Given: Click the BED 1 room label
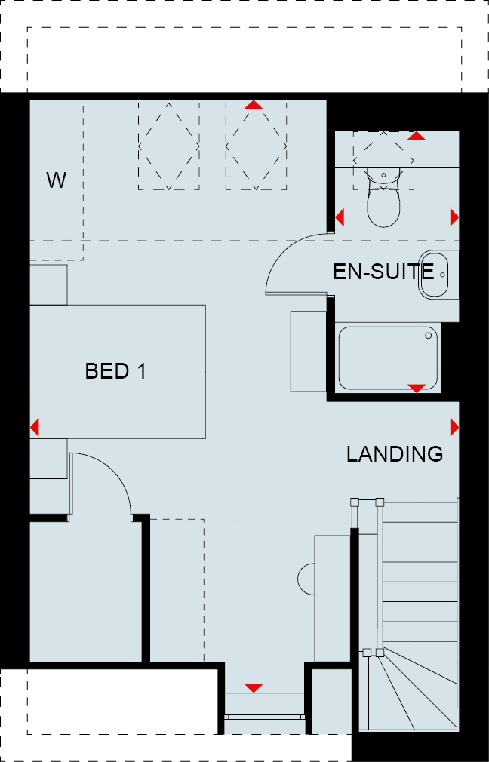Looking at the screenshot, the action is (115, 371).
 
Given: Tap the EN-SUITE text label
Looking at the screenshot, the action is (383, 272).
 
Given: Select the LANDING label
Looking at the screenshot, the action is (395, 454).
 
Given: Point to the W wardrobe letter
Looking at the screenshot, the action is (57, 180).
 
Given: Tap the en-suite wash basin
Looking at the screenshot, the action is (434, 274).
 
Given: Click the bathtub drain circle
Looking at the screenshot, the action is (429, 335).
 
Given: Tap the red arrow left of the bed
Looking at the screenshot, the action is (34, 428).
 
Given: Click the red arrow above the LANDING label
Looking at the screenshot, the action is (454, 427).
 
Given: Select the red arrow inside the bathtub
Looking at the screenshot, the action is (417, 389).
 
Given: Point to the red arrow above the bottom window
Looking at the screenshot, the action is (254, 688).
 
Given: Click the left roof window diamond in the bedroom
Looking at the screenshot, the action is (169, 146).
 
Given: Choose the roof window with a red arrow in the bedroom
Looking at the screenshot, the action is (256, 146).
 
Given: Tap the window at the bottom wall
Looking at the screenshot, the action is (265, 716).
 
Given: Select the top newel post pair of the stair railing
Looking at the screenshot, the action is (367, 503).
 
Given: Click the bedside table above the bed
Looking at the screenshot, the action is (48, 284).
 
